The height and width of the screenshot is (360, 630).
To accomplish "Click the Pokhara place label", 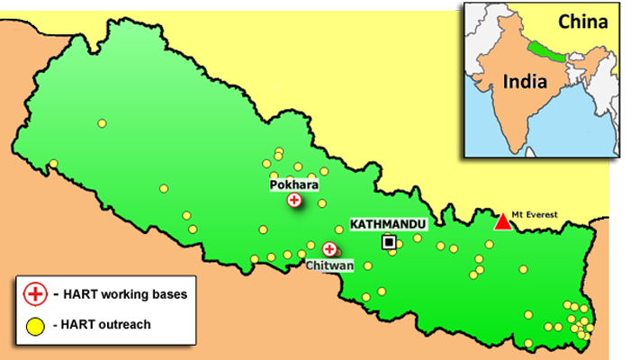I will tap(294, 184).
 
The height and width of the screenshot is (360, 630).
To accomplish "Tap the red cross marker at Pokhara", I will tap(294, 201).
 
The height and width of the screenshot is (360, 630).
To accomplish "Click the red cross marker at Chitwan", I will tap(330, 249).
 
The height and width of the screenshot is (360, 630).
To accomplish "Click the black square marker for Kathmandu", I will tap(389, 241).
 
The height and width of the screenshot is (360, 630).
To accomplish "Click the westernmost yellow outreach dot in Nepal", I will tap(53, 164).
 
